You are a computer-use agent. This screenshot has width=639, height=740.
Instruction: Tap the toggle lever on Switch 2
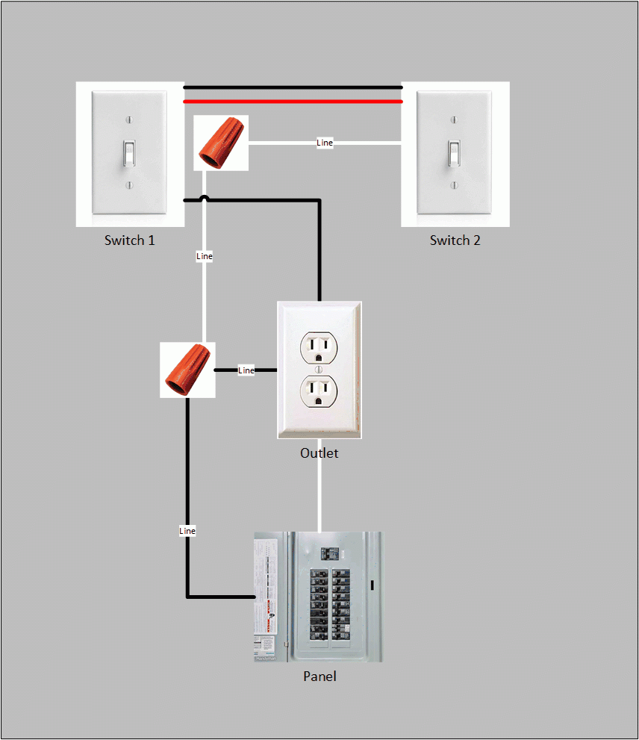[454, 153]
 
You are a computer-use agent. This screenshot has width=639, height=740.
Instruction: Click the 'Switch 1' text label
[130, 240]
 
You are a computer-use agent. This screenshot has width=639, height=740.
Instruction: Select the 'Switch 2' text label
[455, 240]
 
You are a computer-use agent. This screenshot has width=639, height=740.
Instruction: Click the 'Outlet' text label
[319, 453]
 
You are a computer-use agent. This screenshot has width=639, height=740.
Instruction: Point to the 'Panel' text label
[319, 677]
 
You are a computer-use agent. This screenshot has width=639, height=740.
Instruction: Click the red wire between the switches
[293, 101]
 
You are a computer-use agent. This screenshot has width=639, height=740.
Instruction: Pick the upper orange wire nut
[220, 142]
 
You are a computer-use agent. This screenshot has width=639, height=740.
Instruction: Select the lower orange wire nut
[187, 370]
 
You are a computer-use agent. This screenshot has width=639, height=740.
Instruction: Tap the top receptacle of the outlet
[319, 346]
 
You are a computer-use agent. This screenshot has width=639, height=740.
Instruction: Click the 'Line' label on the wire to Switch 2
[325, 143]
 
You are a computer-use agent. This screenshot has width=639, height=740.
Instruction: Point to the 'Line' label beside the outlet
[246, 370]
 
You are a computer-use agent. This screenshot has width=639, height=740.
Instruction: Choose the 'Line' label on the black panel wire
[187, 531]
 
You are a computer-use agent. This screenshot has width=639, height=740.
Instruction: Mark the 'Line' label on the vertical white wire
[205, 256]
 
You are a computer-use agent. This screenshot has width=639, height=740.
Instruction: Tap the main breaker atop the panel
[329, 554]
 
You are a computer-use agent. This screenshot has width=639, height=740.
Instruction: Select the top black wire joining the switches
[293, 87]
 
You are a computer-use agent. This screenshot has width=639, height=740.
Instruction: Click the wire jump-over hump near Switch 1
[205, 198]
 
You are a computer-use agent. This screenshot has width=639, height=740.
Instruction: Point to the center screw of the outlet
[319, 369]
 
